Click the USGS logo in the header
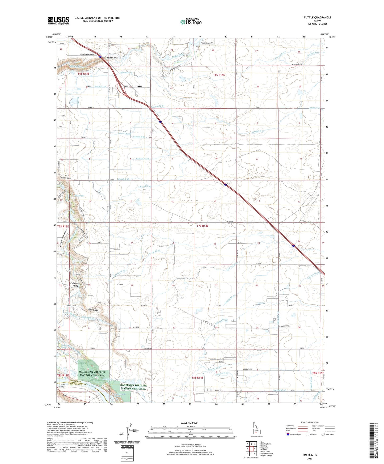(x=58, y=20)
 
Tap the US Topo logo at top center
(x=190, y=22)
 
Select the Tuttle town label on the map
(x=138, y=87)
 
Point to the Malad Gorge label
(x=112, y=58)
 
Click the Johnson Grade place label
(x=65, y=178)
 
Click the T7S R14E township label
(x=203, y=226)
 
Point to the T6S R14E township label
(x=219, y=75)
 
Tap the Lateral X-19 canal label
(x=142, y=159)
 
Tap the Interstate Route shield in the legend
(x=289, y=434)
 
